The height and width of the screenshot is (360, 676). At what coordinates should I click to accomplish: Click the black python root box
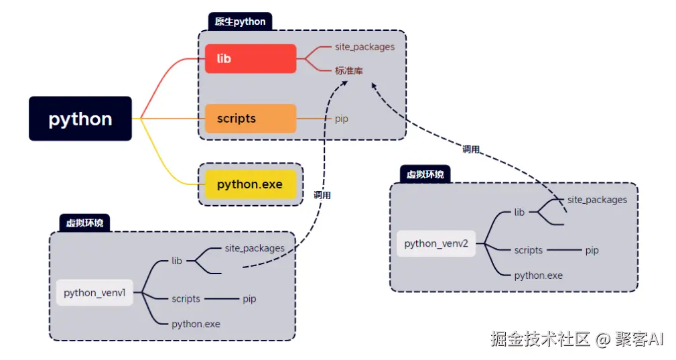point(80,119)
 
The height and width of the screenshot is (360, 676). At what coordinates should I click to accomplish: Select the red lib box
point(251,58)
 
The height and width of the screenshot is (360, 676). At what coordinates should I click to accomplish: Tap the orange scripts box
point(251,119)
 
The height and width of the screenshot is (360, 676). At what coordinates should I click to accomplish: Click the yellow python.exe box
point(251,184)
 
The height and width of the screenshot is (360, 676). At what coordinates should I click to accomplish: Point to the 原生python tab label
point(240,21)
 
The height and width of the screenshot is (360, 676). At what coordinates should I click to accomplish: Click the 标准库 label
point(349,70)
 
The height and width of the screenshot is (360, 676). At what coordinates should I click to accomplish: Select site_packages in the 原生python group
point(364,47)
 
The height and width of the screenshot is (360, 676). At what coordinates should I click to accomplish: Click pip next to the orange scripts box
point(342,119)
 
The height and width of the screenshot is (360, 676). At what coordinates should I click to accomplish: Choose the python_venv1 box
point(94,293)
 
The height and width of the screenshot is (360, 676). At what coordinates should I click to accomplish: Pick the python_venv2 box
point(436,243)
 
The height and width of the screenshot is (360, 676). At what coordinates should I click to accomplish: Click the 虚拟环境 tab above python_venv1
point(84,223)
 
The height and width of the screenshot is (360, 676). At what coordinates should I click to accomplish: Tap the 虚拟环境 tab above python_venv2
point(425,174)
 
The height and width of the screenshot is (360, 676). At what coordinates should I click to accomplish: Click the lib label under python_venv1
point(177,261)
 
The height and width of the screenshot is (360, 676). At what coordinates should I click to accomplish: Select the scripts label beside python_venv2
point(528,251)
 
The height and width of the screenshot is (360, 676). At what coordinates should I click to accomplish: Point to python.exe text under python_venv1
point(196,324)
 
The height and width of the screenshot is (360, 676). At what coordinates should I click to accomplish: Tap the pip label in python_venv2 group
point(592,251)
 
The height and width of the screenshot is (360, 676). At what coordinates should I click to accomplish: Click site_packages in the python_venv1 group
point(255,248)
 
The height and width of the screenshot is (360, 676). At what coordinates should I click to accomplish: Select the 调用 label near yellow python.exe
point(322,195)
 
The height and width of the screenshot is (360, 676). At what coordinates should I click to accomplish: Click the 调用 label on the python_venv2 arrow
point(471,149)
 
